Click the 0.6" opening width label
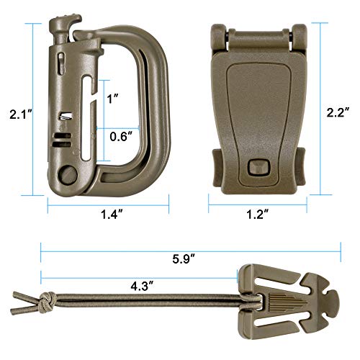click(x=120, y=135)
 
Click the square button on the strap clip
click(x=255, y=168)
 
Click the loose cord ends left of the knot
click(x=25, y=297)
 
